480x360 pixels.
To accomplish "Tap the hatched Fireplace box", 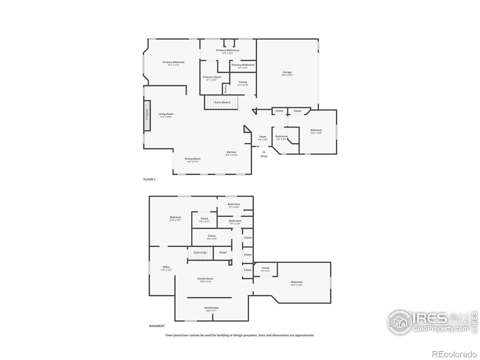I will pos(147,115).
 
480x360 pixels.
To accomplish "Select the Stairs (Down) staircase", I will pos(221,102).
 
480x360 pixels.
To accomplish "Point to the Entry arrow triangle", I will pos(264,152).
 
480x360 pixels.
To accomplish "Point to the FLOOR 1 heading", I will pos(149,179).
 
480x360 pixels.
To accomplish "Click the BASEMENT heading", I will pos(157,326).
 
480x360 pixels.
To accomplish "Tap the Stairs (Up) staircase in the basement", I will pos(200,253).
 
